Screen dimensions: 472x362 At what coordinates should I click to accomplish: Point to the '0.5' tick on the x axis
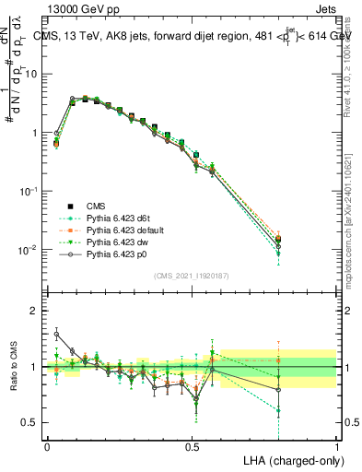[x=192, y=445]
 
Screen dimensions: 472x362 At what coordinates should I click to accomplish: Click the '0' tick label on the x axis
[x=47, y=445]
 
